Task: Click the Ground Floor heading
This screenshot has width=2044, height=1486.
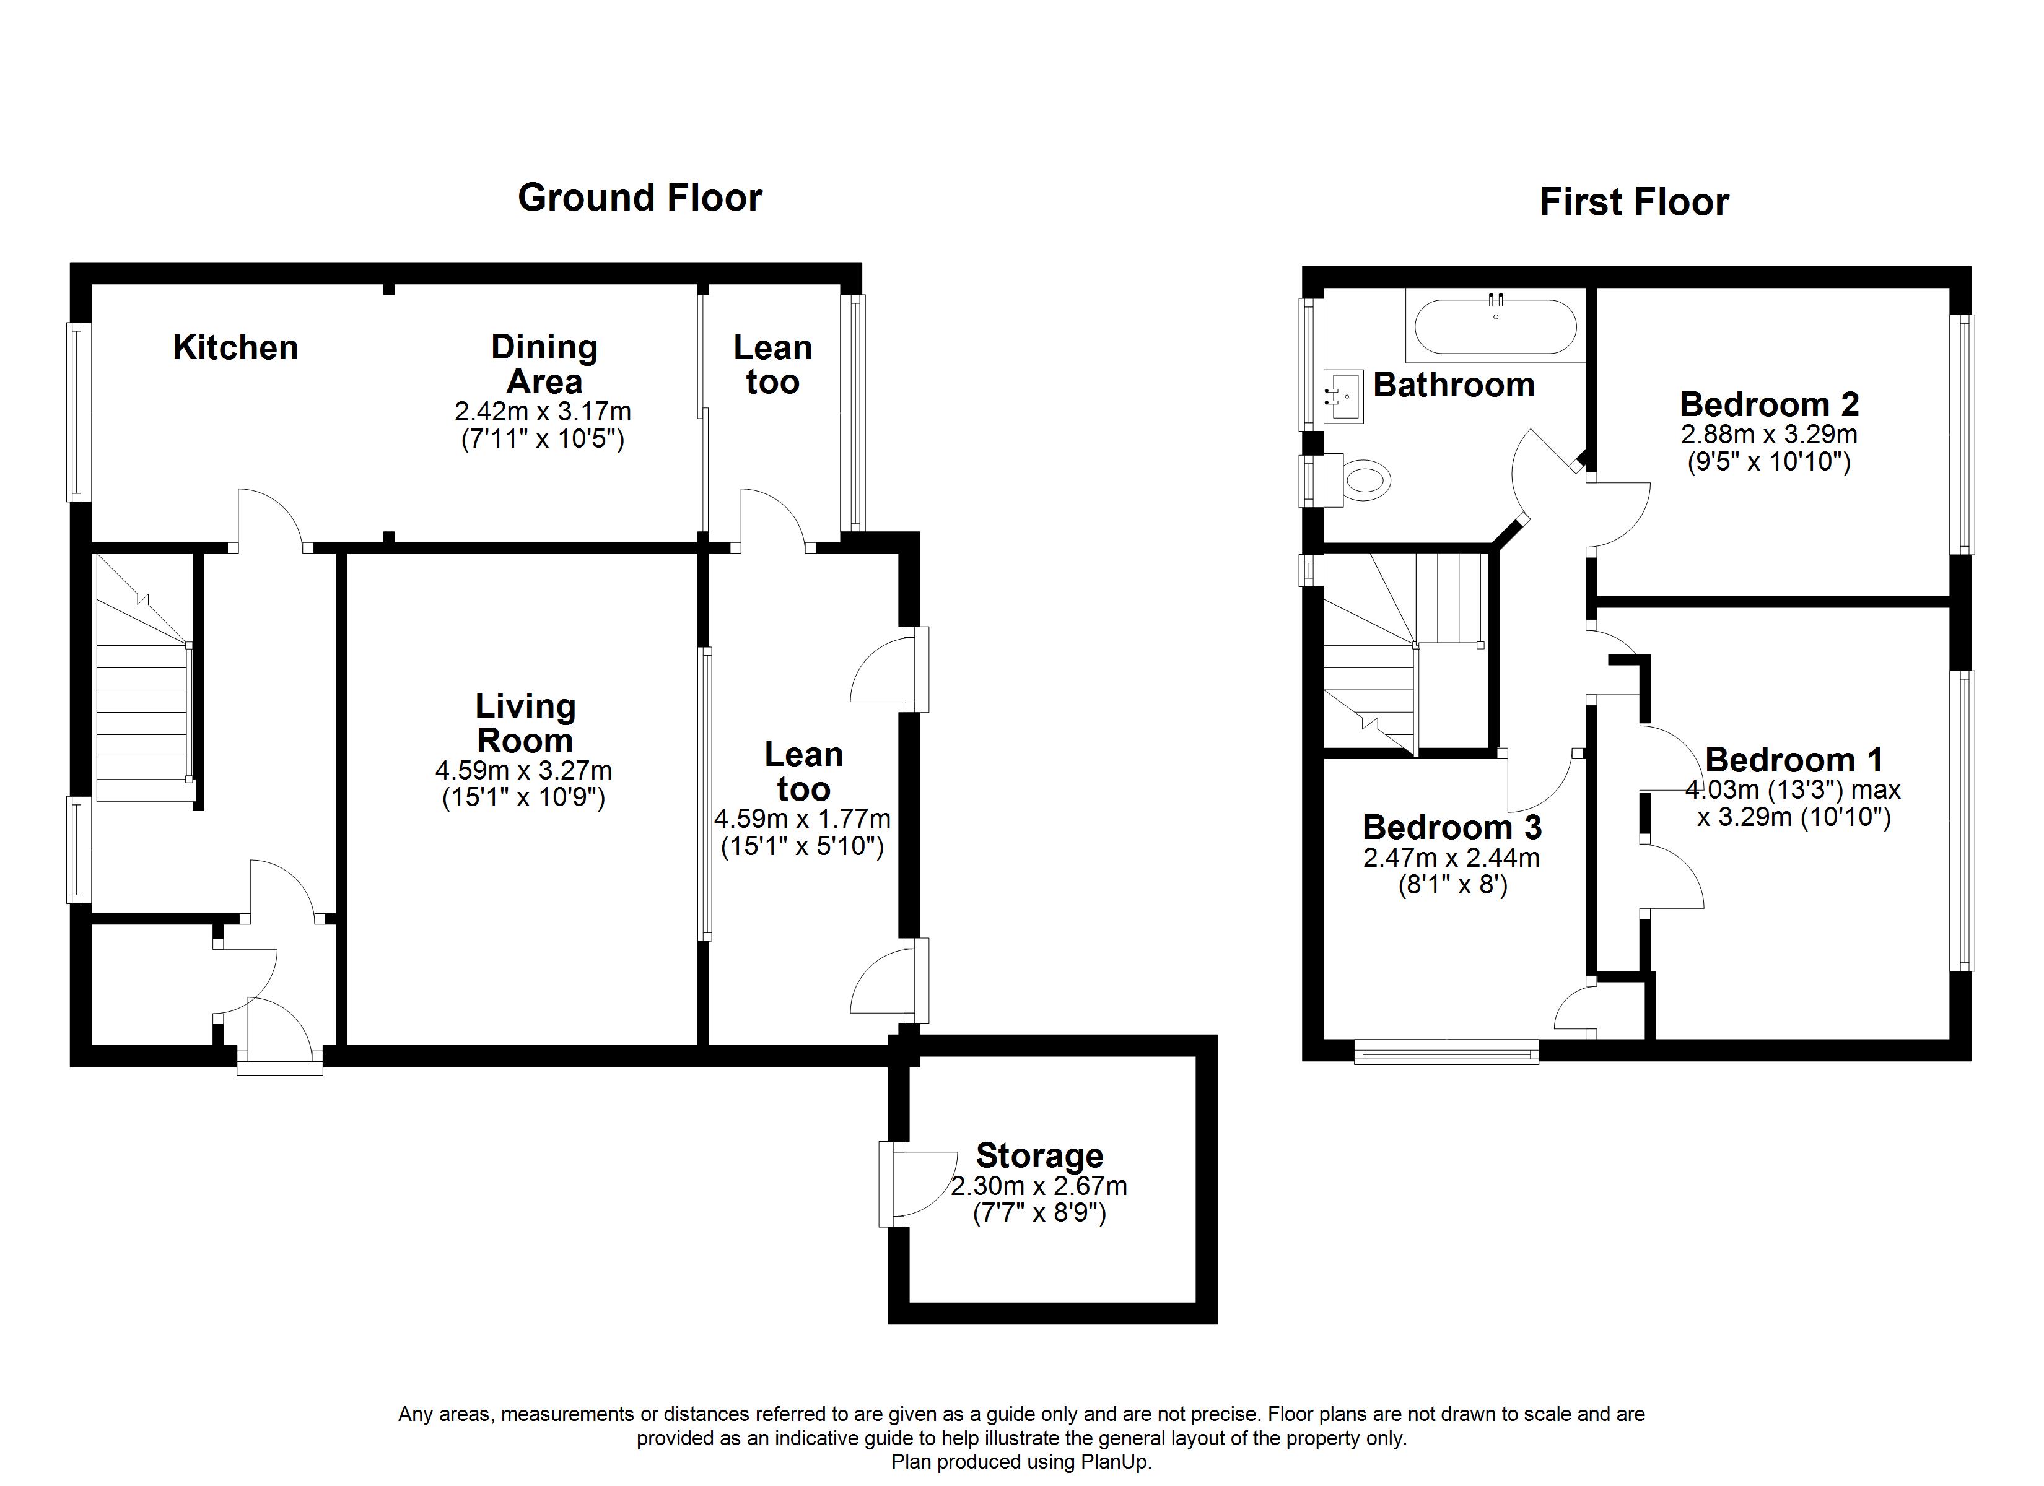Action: pos(640,198)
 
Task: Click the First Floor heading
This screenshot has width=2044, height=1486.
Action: pos(1634,202)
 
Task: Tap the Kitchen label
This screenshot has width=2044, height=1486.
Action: pos(235,348)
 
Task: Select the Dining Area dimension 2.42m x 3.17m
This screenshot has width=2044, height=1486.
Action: pos(543,412)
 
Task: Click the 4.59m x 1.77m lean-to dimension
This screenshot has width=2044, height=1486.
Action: pos(802,819)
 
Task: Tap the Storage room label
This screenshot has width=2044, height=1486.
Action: pos(1039,1155)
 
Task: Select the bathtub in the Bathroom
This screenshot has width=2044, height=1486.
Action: pos(1495,326)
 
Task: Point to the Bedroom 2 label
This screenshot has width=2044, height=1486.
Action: pos(1768,404)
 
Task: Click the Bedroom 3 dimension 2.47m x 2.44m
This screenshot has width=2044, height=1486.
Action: pos(1451,857)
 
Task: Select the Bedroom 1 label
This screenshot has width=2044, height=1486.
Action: pos(1794,760)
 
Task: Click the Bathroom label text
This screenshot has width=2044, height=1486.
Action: pos(1454,385)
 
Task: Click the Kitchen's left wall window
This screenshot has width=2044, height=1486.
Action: pos(79,412)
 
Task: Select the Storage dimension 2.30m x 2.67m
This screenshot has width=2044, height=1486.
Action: pos(1039,1186)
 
